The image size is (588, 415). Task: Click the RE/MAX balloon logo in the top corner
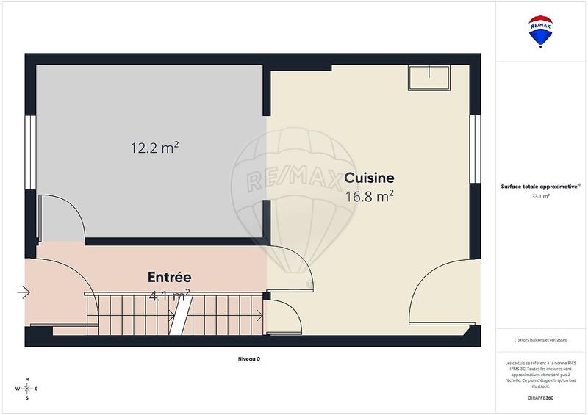pos(541,32)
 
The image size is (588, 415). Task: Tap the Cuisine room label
pos(369,178)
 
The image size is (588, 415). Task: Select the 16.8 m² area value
pos(369,195)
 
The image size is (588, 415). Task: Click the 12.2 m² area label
pos(155,148)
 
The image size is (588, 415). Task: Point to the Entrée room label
pos(170,278)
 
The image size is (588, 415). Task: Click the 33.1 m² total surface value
pos(541,196)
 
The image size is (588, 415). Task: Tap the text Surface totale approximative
pos(541,186)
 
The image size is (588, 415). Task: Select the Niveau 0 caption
pos(248,358)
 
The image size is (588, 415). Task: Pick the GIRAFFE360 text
pos(541,396)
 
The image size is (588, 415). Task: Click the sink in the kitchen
pos(429,77)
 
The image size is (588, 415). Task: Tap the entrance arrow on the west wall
pos(24,294)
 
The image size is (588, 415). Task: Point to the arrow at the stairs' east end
pos(258,317)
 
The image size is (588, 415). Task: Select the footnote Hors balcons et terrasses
pos(541,339)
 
